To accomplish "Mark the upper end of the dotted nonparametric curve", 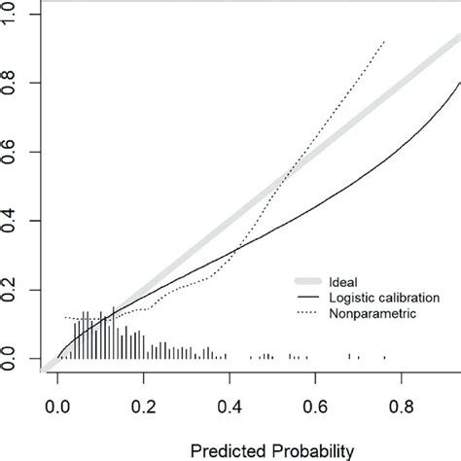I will (x=386, y=42).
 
